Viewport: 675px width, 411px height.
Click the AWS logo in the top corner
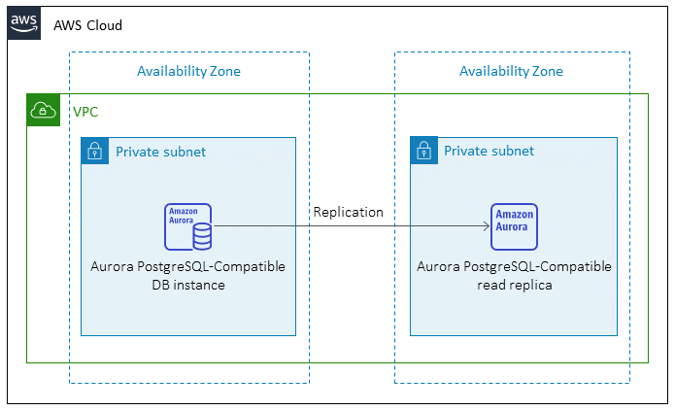24,22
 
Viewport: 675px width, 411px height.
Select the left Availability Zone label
188,71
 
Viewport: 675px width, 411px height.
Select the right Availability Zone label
511,71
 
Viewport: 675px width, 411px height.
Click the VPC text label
85,112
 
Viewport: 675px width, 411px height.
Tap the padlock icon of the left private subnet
94,151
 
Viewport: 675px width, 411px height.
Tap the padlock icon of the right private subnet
423,151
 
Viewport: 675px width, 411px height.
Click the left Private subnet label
160,152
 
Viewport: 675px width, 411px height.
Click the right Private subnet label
489,152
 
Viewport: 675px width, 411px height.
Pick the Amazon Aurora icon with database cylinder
188,227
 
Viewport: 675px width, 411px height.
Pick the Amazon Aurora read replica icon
514,227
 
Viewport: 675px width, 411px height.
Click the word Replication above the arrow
348,212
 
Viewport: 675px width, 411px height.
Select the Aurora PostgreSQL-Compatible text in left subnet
187,266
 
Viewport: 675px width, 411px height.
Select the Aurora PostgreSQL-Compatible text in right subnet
514,266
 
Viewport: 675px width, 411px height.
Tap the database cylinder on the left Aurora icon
202,236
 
